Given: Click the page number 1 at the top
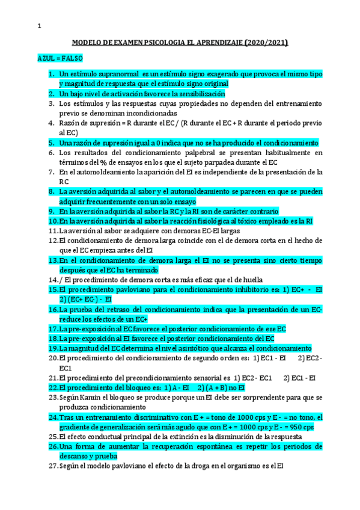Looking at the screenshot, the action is tap(39, 26).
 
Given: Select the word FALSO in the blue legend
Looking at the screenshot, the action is tap(72, 59).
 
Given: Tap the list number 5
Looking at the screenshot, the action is tap(52, 143).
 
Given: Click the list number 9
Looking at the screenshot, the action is tap(52, 211).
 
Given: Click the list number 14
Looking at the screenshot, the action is tap(52, 280).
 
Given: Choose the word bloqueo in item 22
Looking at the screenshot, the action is tap(121, 387).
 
